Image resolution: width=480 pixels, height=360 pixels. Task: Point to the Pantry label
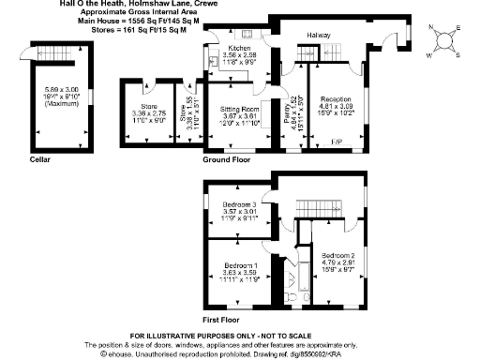291,108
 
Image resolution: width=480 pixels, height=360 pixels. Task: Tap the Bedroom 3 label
238,204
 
